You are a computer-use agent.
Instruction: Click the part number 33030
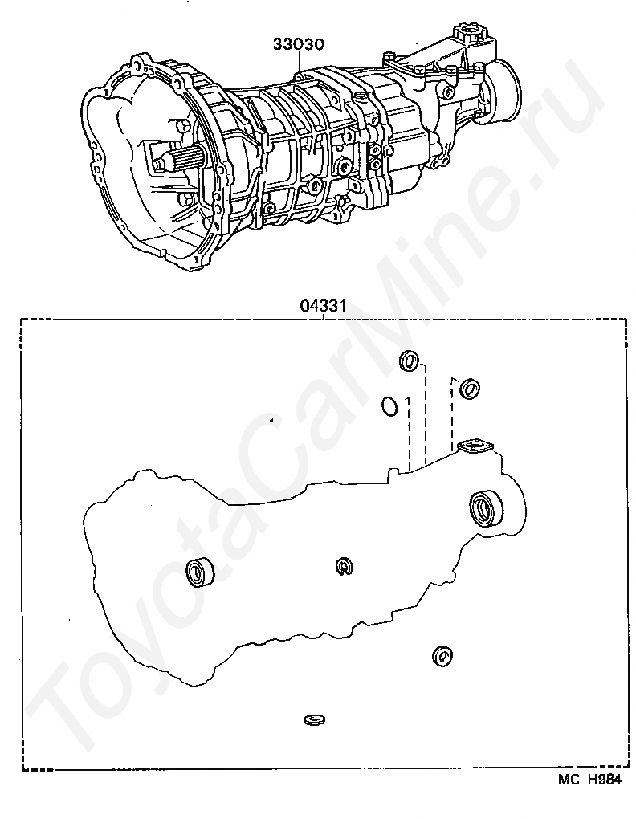click(298, 44)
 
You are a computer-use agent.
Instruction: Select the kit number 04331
click(323, 306)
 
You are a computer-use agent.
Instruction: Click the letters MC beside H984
click(569, 780)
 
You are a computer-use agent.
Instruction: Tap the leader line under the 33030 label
click(299, 63)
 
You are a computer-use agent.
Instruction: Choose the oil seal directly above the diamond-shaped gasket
click(468, 389)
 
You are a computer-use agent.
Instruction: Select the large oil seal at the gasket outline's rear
click(484, 507)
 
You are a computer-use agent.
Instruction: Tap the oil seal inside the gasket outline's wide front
click(200, 572)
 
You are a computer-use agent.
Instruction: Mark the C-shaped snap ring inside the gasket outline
click(344, 566)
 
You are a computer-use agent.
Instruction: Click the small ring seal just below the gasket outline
click(441, 656)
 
